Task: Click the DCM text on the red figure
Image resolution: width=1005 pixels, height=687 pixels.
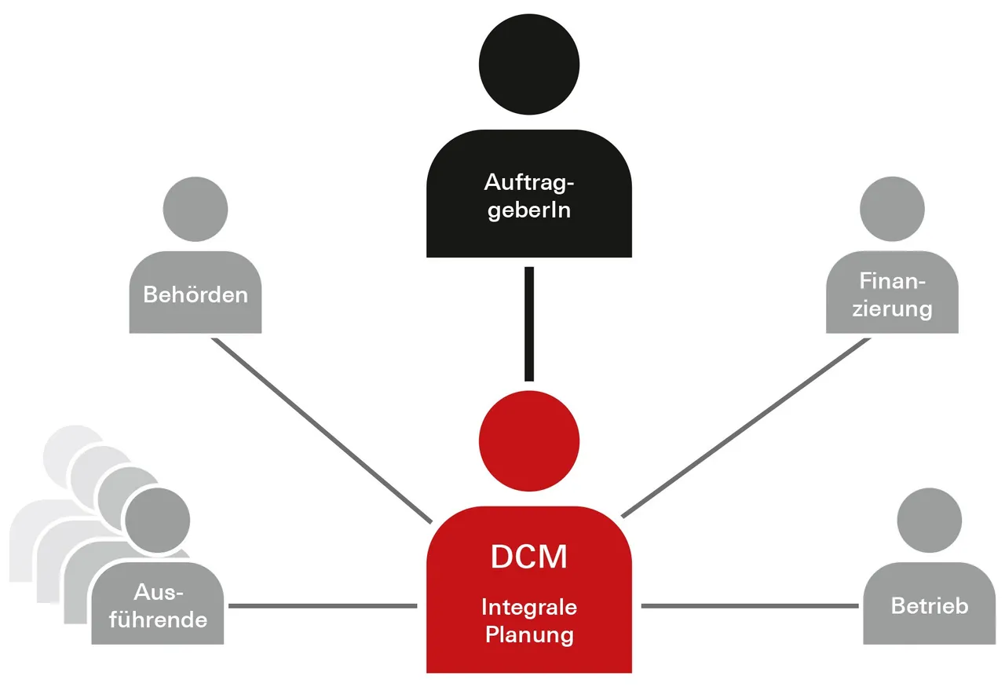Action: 528,556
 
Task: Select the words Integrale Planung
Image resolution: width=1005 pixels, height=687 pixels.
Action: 528,619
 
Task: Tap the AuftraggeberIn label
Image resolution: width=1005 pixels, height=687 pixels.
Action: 528,197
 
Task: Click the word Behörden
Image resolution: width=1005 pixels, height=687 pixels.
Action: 196,295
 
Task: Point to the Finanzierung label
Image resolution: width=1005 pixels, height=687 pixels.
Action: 893,295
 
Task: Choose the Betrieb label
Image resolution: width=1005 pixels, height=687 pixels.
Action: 930,605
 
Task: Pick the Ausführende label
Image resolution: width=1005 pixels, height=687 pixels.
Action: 159,605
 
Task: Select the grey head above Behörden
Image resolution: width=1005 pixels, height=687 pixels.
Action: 196,208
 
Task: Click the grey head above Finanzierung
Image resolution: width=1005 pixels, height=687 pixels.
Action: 893,208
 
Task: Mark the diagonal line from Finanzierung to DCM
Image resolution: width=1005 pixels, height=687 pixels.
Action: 746,427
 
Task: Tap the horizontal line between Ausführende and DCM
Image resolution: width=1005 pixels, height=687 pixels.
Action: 322,606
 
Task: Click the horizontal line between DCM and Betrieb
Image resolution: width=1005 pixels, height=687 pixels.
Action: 750,606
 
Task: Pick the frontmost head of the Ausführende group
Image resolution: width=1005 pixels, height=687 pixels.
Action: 158,519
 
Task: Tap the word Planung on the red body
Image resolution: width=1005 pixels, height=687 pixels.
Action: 528,634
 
